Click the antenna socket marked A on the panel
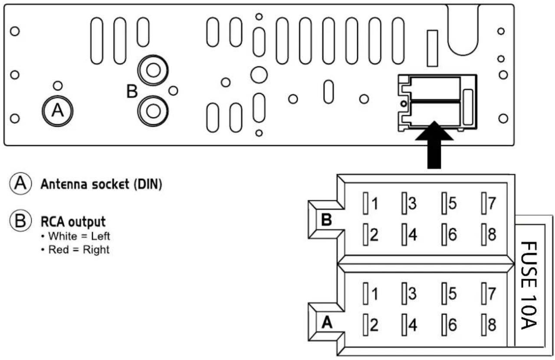57,111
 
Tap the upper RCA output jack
153,70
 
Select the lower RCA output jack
153,111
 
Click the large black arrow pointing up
434,145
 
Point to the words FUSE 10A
529,285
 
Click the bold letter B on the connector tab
326,220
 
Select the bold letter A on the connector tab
327,322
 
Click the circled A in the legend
20,183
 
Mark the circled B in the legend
20,221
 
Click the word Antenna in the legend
64,184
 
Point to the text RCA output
73,221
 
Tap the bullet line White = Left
76,236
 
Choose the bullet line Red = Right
76,250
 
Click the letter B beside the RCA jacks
132,91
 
